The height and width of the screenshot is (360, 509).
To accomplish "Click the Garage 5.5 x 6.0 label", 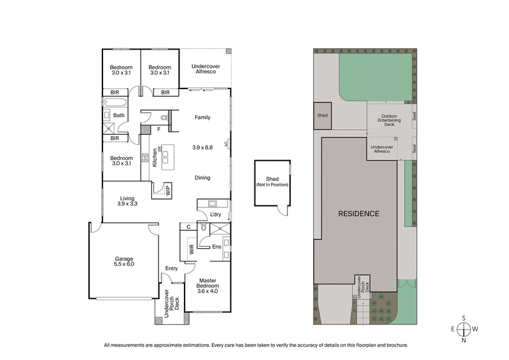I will tap(124, 261).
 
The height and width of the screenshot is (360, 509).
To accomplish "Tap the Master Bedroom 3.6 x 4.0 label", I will tap(207, 284).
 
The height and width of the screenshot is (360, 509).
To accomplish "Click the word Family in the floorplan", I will tap(202, 118).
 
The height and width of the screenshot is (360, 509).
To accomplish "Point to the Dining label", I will tap(202, 177).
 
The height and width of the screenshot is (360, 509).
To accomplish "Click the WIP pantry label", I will tap(167, 190).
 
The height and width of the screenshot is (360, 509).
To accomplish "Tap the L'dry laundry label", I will tap(215, 214).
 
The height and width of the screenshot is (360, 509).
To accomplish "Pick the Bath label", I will tap(119, 115).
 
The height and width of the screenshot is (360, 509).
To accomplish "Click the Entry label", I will tap(171, 268).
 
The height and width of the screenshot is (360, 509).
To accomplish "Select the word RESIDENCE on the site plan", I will tap(358, 214).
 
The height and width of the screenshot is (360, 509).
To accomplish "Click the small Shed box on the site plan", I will tap(323, 115).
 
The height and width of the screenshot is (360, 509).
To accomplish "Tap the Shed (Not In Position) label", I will tap(272, 181).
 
